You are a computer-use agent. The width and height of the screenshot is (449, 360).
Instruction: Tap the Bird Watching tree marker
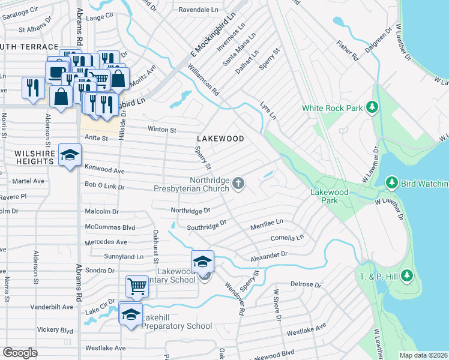click(392, 182)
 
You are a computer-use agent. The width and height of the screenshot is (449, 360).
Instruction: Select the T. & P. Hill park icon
click(407, 275)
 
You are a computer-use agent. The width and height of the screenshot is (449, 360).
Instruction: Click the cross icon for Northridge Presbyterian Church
click(238, 183)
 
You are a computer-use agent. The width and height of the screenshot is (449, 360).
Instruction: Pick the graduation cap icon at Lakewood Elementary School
click(202, 261)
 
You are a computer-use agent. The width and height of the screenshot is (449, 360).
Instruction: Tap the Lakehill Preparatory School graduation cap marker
click(130, 314)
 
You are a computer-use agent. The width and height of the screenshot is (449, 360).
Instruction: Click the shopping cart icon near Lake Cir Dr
click(137, 286)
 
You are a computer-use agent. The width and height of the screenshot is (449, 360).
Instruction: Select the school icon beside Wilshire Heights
click(70, 155)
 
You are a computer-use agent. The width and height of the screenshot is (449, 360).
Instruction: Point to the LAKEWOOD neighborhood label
click(220, 139)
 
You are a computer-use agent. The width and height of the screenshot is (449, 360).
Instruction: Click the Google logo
click(20, 352)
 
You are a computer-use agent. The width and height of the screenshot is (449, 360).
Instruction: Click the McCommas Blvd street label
click(110, 227)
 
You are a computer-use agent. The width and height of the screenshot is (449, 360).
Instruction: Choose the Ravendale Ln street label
click(199, 10)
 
